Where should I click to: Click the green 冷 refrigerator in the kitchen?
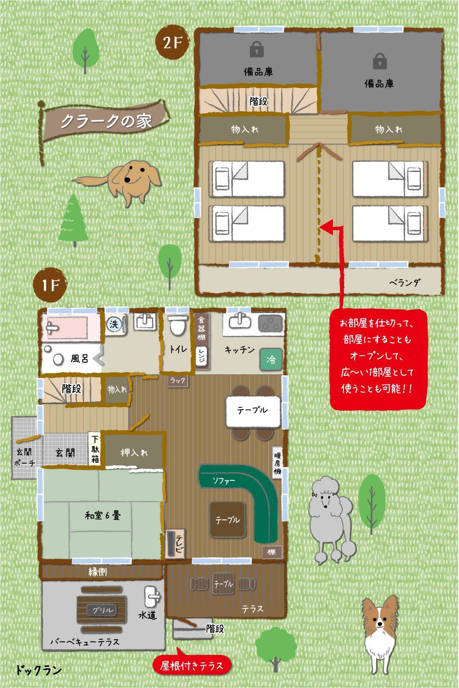[271, 359]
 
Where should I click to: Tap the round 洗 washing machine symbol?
[114, 324]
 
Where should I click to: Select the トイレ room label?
[178, 349]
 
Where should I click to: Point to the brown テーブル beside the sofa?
[228, 520]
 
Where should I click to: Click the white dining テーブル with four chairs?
[253, 411]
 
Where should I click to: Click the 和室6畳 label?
[103, 515]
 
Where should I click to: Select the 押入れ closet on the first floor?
[134, 452]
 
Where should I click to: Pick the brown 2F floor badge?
[172, 43]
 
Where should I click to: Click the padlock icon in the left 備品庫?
[257, 49]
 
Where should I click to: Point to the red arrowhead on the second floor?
[326, 227]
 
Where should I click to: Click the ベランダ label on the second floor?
[405, 282]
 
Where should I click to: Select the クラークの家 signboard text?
[106, 121]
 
